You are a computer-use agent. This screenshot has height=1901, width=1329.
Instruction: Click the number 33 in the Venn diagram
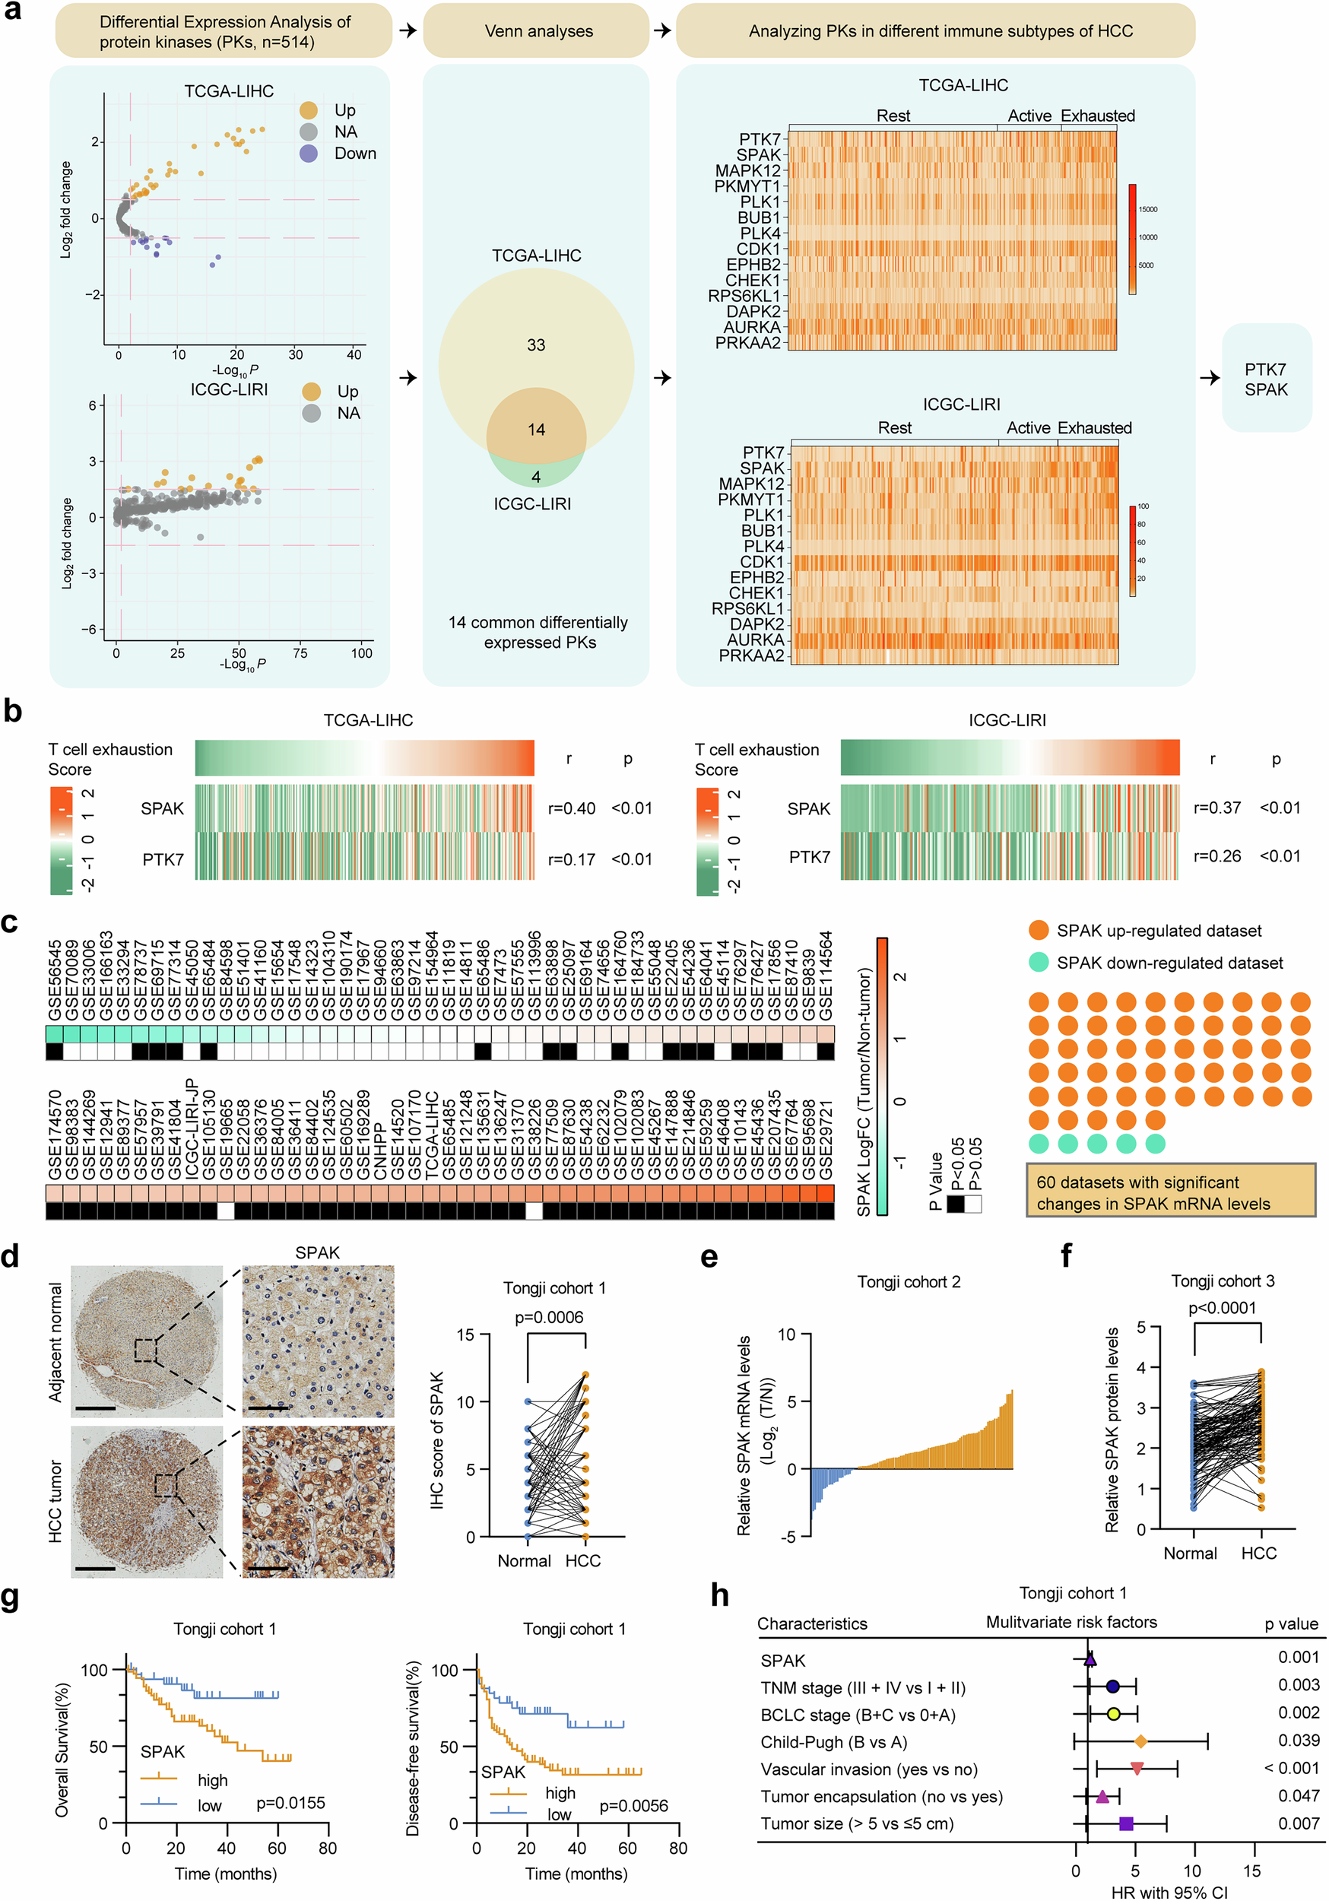(x=536, y=344)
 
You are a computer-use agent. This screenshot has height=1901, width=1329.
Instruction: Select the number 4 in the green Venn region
(x=536, y=477)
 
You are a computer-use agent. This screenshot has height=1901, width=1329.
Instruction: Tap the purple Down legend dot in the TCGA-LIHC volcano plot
(x=309, y=153)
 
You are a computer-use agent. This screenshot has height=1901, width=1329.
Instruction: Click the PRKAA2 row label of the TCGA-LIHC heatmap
(x=747, y=343)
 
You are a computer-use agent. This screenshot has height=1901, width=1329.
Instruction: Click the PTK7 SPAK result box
(x=1266, y=379)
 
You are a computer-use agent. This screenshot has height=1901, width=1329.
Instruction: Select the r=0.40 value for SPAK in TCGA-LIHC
(x=571, y=808)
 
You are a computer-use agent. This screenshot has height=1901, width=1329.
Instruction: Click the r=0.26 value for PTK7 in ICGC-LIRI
(x=1216, y=856)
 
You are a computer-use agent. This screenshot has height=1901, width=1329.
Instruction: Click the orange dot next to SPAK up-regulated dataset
(x=1039, y=930)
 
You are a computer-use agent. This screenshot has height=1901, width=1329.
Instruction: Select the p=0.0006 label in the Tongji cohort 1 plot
(x=549, y=1317)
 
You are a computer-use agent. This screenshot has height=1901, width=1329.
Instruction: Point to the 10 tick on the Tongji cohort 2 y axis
(x=787, y=1335)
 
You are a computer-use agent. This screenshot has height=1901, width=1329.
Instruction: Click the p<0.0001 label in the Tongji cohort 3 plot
(x=1223, y=1308)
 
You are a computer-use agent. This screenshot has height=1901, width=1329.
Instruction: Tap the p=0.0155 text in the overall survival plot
(x=290, y=1802)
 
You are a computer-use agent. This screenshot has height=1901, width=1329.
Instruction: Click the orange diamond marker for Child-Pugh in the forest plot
(x=1140, y=1742)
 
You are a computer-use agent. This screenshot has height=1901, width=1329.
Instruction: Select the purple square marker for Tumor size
(x=1125, y=1823)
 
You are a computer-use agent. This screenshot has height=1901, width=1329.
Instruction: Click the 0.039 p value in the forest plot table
(x=1299, y=1741)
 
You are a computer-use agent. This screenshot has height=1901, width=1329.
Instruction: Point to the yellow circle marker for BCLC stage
(x=1114, y=1714)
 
